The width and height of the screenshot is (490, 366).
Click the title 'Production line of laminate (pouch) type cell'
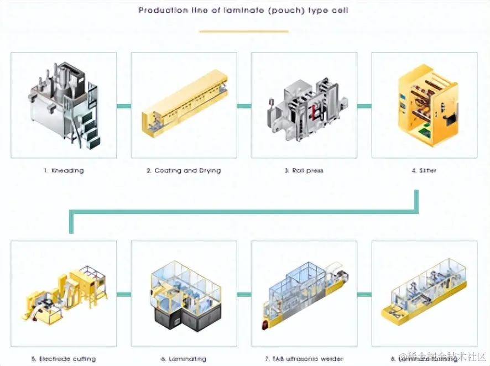pos(243,10)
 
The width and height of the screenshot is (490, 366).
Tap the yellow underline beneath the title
pos(243,32)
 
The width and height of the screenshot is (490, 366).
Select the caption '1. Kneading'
pos(64,170)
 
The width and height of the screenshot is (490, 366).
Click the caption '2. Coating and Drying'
pos(184,170)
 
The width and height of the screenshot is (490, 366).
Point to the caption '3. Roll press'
pos(304,170)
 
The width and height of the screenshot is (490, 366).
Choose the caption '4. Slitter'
pos(424,170)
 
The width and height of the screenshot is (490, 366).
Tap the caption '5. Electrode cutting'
pos(64,359)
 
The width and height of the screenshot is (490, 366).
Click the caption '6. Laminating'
pos(184,359)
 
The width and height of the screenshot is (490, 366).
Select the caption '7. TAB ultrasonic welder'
pos(304,359)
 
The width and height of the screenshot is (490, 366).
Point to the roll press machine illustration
pos(304,105)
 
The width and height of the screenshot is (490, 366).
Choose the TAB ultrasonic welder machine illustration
pos(304,296)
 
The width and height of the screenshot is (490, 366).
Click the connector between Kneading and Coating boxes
pos(124,106)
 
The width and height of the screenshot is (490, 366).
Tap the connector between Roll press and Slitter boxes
pos(364,106)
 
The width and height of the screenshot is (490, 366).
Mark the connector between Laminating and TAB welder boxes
pos(244,294)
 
